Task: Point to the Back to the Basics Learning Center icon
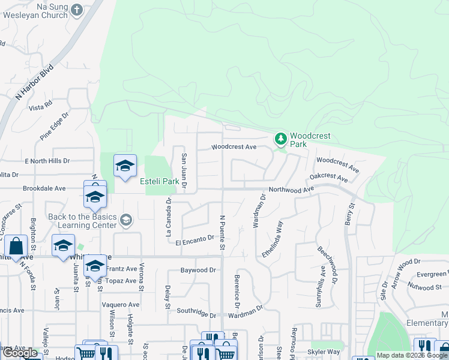[x=125, y=220]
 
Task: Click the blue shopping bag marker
[x=16, y=246]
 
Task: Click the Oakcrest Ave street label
[x=328, y=178]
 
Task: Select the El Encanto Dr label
[x=195, y=240]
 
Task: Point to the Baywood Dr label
[x=197, y=271]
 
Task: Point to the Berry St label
[x=349, y=213]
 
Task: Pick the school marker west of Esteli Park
[x=125, y=167]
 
